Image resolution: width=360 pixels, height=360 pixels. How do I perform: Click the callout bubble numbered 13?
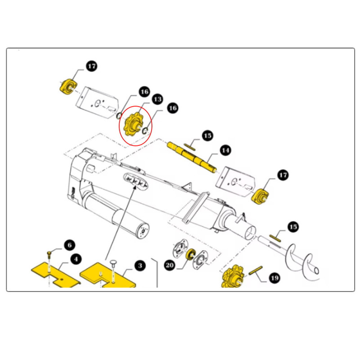coord(157,99)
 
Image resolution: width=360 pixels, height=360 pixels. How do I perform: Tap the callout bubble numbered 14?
coord(225,150)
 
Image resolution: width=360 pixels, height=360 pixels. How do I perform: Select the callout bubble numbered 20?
coord(170,265)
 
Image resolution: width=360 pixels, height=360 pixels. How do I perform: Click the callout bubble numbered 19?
coord(274,278)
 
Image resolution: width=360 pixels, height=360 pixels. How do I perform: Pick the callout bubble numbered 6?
coord(70,245)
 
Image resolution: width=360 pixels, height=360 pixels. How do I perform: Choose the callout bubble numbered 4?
coord(76,260)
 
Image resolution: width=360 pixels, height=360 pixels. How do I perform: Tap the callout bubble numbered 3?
coord(140,265)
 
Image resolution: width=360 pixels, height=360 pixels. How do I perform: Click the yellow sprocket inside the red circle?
coord(133,124)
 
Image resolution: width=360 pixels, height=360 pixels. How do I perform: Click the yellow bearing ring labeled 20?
coord(190,254)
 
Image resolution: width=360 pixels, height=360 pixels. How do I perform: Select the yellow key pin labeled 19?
coord(256,270)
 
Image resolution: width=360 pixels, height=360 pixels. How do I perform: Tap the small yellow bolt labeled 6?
coord(49,254)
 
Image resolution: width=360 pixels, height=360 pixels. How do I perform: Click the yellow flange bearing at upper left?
coord(68,87)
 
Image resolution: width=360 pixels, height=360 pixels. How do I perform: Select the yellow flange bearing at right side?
coord(260,196)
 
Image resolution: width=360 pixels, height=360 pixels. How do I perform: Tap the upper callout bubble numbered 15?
coord(208,136)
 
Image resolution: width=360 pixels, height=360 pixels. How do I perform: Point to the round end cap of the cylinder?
coord(144,231)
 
